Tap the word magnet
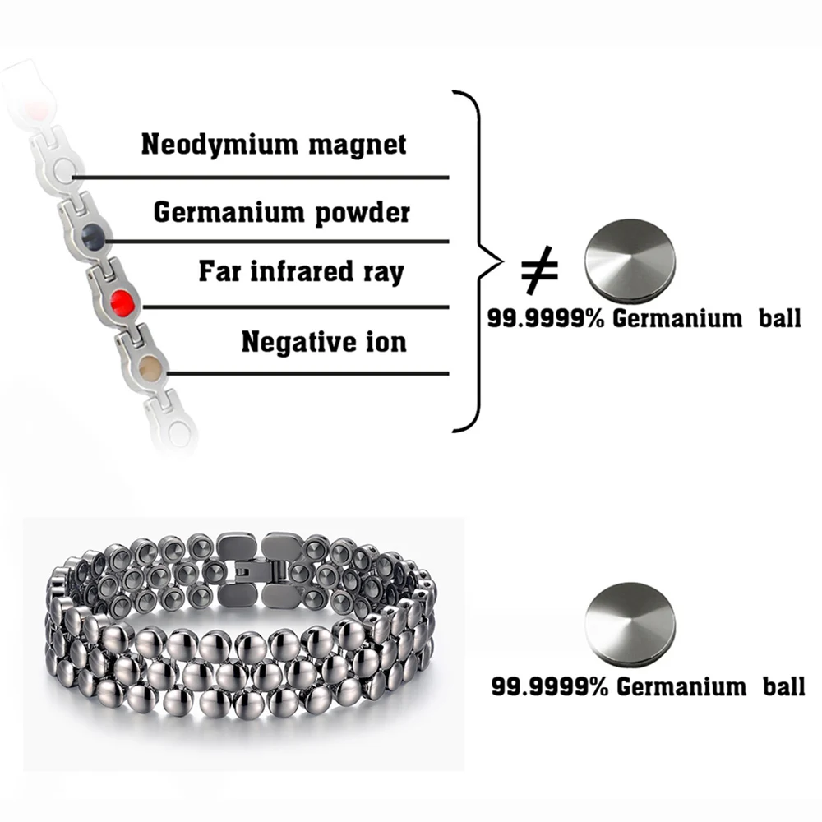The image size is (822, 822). pos(363,145)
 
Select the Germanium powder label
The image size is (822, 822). pos(281,212)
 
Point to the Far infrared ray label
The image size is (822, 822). pos(301,271)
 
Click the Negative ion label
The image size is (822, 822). pos(324,340)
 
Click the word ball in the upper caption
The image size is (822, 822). pos(778,319)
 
